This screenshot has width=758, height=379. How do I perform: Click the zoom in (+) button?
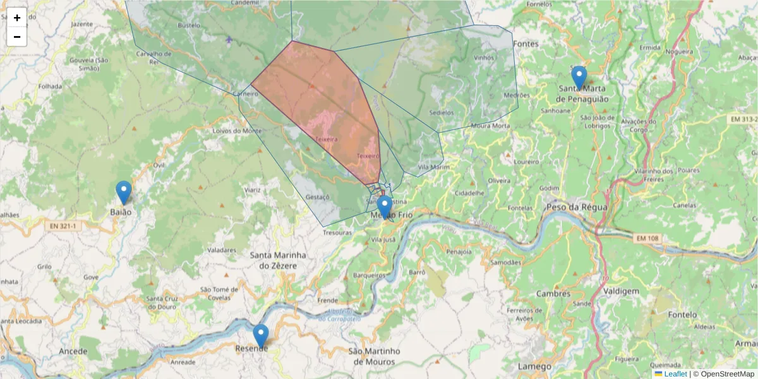click(17, 18)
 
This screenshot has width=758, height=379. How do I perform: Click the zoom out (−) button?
click(17, 37)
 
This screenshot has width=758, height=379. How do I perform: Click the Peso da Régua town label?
click(577, 207)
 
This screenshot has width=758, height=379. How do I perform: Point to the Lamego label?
click(534, 366)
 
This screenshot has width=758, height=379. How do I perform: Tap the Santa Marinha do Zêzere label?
click(278, 260)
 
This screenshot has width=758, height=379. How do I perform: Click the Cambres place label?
click(553, 294)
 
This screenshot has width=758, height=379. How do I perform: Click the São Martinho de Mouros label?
click(375, 356)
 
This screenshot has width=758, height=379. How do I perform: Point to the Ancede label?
click(73, 351)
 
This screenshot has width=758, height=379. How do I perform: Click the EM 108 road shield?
click(647, 238)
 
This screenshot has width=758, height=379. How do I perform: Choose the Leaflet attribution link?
click(675, 374)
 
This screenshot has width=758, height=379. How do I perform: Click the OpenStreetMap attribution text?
click(723, 374)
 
